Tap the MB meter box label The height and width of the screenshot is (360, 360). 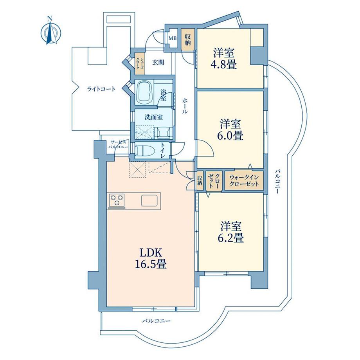pos(172,38)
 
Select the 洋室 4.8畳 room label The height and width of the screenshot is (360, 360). pos(225,58)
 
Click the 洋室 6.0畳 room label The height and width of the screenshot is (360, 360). pos(231,130)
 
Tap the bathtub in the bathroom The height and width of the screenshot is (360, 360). pos(146,93)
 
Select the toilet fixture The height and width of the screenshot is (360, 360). pos(146,150)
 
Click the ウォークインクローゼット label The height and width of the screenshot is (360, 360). pos(244,180)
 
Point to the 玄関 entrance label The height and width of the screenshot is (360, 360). pos(158,61)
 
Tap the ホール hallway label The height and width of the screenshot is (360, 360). pos(185,106)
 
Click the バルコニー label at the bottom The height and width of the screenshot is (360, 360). pos(156,320)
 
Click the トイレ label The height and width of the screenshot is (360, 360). pos(162,150)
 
